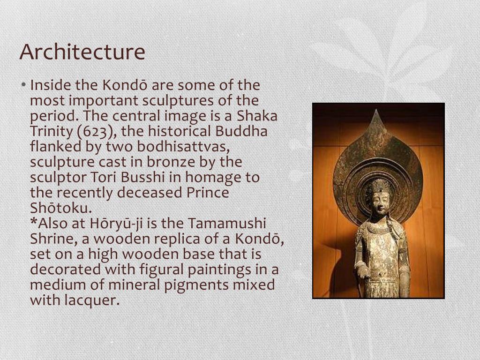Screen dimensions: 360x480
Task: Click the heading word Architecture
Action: (x=82, y=52)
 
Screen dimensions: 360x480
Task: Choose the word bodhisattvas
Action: (x=183, y=147)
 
